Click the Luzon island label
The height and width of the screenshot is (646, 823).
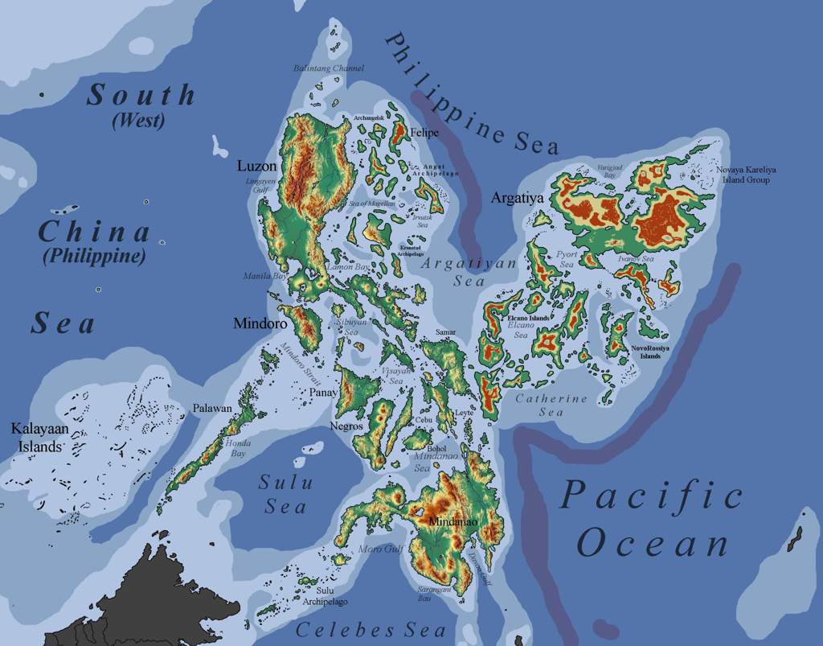point(256,167)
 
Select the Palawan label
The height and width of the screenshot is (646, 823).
point(212,409)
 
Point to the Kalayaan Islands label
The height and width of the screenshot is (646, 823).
point(35,437)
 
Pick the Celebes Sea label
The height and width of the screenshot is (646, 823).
point(371,630)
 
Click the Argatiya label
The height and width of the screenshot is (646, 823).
point(518,197)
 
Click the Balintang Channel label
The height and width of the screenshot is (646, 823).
point(329,69)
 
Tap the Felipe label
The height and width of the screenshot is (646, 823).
point(424,133)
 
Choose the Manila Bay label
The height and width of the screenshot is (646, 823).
point(265,276)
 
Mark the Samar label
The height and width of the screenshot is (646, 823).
point(444,331)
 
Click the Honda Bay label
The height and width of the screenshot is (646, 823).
point(238,448)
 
